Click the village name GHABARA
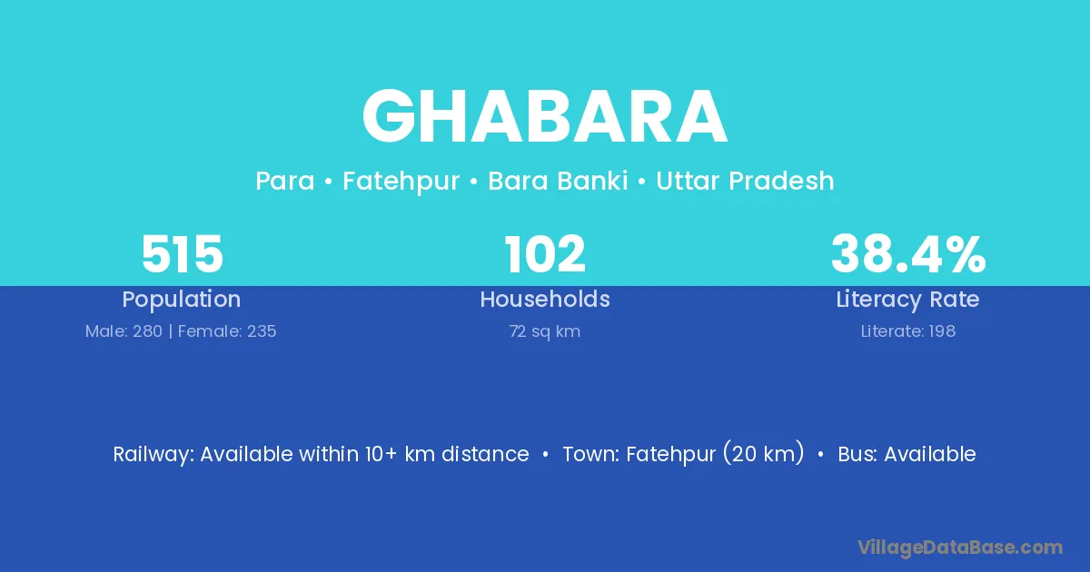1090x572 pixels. (545, 116)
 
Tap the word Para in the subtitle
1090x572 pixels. (285, 181)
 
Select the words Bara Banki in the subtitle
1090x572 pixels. (558, 181)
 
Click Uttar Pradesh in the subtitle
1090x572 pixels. (745, 181)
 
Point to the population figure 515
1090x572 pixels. (182, 254)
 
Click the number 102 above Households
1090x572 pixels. (545, 254)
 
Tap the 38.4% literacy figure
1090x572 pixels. (908, 254)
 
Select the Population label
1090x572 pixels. (182, 300)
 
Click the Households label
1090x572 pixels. (545, 299)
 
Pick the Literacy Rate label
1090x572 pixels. (907, 300)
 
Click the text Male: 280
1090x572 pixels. (124, 331)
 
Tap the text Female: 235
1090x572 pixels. (227, 331)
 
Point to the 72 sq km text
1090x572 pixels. (545, 331)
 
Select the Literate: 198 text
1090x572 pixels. (908, 331)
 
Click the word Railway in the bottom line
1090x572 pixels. (154, 455)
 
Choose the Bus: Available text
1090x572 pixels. (907, 454)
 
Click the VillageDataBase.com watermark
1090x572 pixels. (960, 548)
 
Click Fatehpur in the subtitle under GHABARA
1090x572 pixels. (401, 182)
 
